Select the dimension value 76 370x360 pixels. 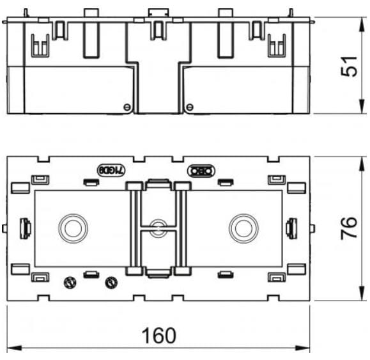pyautogui.click(x=349, y=227)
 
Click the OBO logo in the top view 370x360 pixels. pyautogui.click(x=201, y=171)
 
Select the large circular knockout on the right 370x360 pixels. pyautogui.click(x=243, y=227)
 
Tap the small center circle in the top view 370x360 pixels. pyautogui.click(x=157, y=227)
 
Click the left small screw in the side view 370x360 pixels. pyautogui.click(x=127, y=106)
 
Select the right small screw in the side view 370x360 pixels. pyautogui.click(x=187, y=106)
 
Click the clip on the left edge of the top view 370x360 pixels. pyautogui.click(x=26, y=227)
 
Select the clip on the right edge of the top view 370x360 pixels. pyautogui.click(x=291, y=227)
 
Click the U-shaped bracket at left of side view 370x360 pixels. pyautogui.click(x=41, y=45)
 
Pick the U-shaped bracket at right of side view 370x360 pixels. pyautogui.click(x=276, y=45)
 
